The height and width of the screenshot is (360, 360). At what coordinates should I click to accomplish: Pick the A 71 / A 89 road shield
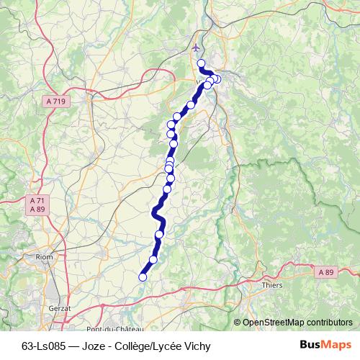(x=37, y=204)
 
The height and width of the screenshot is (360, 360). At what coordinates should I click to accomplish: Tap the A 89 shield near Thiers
(x=325, y=271)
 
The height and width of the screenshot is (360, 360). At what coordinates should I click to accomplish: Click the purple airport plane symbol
(x=196, y=48)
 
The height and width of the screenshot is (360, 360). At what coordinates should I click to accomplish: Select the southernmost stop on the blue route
(x=143, y=276)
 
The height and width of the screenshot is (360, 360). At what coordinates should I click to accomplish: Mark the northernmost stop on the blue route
(x=201, y=63)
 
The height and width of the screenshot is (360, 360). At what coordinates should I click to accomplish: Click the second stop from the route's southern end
(x=153, y=259)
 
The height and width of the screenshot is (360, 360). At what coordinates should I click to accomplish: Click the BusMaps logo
(x=325, y=345)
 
